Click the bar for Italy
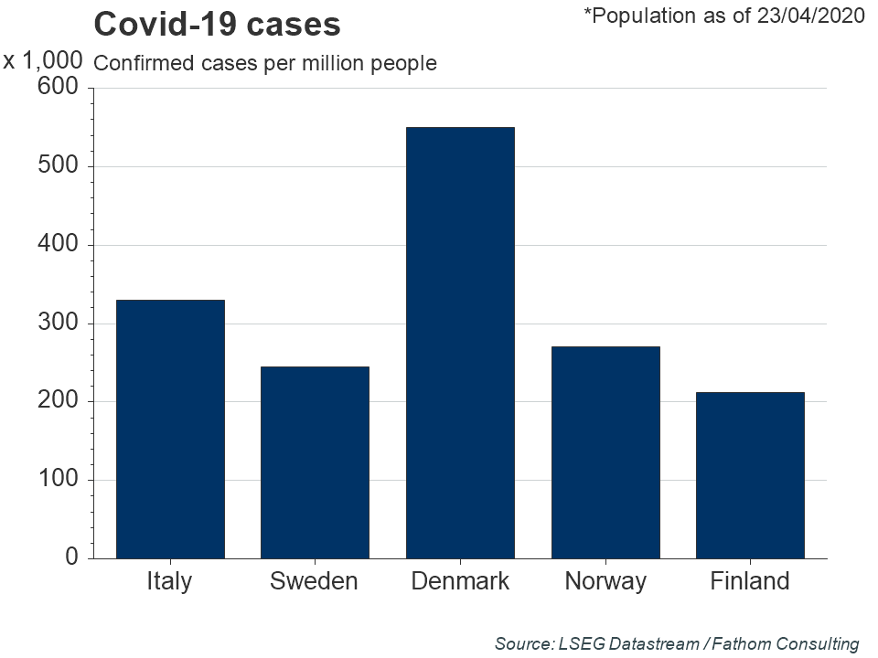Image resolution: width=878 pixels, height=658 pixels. click(x=170, y=430)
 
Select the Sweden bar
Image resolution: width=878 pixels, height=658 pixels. click(x=315, y=462)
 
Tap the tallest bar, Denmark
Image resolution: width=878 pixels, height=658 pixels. click(x=460, y=343)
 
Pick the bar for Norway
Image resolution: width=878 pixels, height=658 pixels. click(x=605, y=452)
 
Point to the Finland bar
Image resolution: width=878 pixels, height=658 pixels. click(x=750, y=475)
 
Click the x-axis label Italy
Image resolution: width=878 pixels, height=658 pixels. click(x=170, y=581)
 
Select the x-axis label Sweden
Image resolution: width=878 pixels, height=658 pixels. click(x=315, y=581)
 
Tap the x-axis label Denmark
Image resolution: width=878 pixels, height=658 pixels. click(x=460, y=581)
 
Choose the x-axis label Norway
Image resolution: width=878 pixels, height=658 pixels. click(x=605, y=581)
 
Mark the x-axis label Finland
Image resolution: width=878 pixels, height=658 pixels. click(x=750, y=581)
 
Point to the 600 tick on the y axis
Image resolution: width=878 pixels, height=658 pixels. click(x=58, y=88)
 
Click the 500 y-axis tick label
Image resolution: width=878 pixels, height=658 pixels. click(x=58, y=166)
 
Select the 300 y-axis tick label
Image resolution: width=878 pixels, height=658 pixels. click(x=58, y=324)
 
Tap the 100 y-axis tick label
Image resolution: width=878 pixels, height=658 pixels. click(x=58, y=480)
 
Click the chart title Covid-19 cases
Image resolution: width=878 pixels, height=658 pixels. click(x=218, y=25)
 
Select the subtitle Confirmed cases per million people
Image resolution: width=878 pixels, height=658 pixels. click(x=265, y=63)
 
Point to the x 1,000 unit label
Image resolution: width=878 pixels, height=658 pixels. click(x=43, y=61)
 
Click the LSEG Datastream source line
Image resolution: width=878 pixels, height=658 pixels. click(x=677, y=643)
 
